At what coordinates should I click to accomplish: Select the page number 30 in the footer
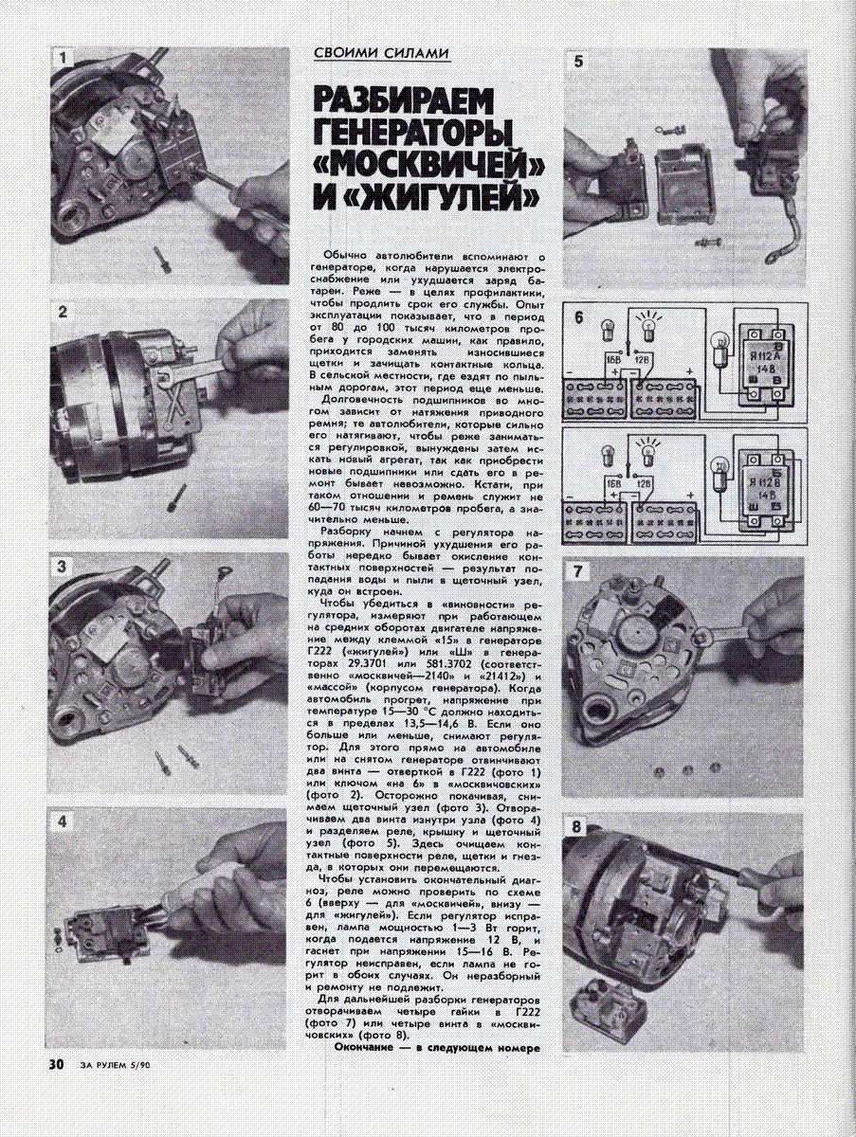pos(56,1064)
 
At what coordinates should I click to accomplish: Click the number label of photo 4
pos(62,821)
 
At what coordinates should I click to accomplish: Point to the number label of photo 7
pos(577,571)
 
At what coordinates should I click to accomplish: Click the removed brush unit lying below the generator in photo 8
pos(614,1011)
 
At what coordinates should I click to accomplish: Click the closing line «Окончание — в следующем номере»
pos(437,1048)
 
